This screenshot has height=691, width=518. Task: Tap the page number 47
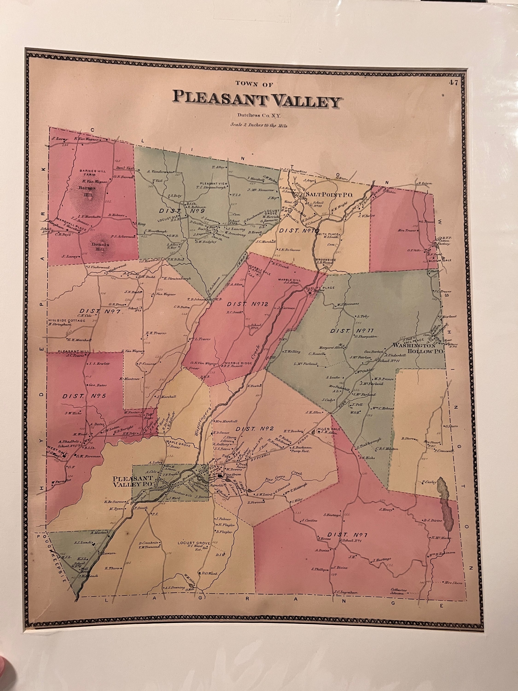click(x=454, y=83)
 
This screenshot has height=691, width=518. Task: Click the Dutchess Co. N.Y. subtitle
click(x=259, y=116)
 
